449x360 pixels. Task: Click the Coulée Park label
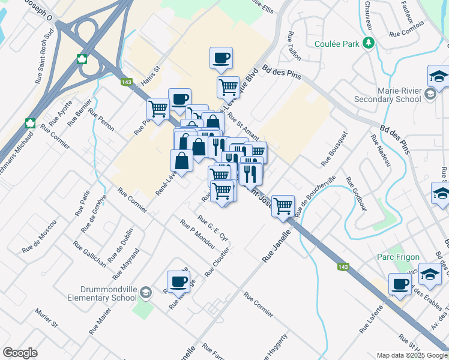[337, 44]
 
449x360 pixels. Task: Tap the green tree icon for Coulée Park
[369, 43]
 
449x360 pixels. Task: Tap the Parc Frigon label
[394, 257]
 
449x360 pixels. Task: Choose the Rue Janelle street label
[276, 246]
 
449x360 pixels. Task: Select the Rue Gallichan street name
[90, 254]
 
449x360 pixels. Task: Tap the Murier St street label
[46, 319]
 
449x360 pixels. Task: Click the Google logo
[20, 353]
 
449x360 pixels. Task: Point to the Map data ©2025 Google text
[411, 355]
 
